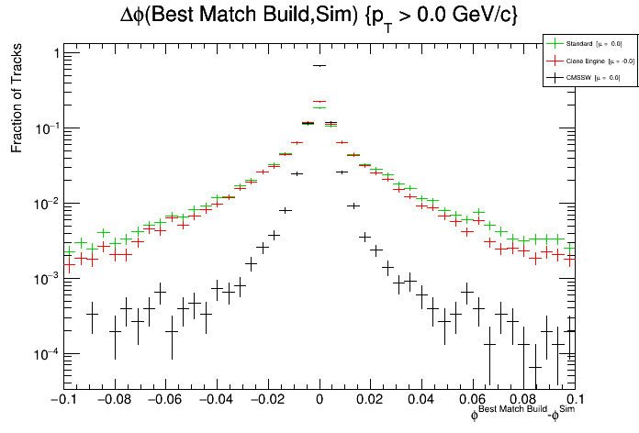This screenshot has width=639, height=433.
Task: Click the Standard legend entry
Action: [x=585, y=43]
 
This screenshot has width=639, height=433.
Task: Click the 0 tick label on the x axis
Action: [x=319, y=400]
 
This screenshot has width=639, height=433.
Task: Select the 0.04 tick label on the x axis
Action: [x=421, y=400]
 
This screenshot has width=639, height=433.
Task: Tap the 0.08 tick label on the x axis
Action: [x=524, y=400]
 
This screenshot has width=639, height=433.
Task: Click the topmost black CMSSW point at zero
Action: [x=319, y=66]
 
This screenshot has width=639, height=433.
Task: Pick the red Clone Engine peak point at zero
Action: [x=319, y=102]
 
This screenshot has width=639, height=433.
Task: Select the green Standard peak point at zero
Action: [x=319, y=107]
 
